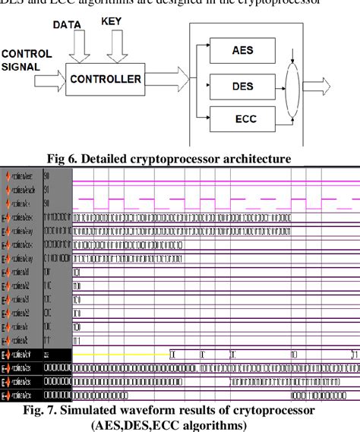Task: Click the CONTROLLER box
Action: [106, 79]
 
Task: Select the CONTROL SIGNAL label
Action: [27, 60]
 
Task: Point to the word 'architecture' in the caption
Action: [259, 159]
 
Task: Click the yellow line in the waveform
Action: [122, 355]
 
